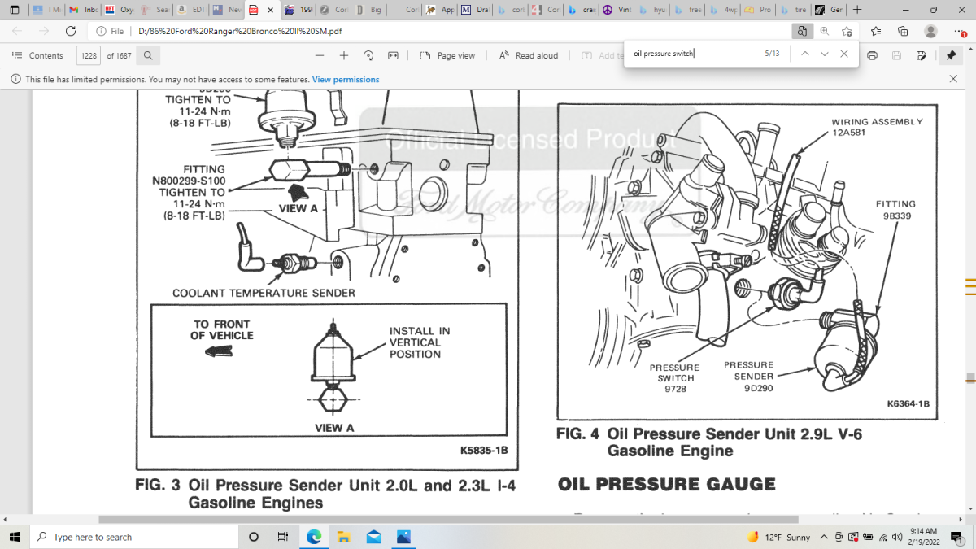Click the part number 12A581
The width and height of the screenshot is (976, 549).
click(x=848, y=133)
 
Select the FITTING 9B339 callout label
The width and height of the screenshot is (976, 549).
click(x=895, y=210)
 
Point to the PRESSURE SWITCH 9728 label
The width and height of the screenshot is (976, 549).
click(x=674, y=378)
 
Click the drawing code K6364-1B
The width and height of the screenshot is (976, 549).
click(x=908, y=403)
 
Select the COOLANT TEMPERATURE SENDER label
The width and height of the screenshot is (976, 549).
click(x=264, y=293)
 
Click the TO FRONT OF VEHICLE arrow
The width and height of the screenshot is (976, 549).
click(x=219, y=351)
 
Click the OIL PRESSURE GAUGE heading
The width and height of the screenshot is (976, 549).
click(x=666, y=485)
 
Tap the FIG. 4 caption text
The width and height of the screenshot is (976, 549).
click(x=709, y=442)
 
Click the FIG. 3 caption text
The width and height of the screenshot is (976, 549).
click(x=325, y=494)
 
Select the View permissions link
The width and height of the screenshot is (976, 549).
click(x=346, y=80)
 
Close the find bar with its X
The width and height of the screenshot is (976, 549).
click(x=844, y=54)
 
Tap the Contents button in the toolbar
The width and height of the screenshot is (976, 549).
click(x=37, y=55)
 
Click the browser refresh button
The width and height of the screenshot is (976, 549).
click(x=70, y=31)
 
